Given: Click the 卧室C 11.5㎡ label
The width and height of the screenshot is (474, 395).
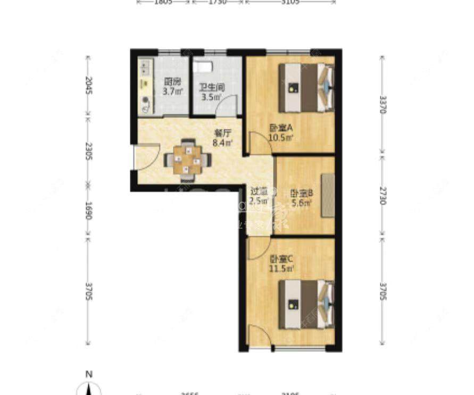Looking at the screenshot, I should (x=281, y=264).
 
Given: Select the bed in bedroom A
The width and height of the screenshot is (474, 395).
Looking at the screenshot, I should (x=306, y=88).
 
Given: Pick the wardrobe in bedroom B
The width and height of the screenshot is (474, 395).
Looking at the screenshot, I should (x=328, y=195).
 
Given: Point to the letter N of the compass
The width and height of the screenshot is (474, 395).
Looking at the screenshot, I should (x=89, y=374).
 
